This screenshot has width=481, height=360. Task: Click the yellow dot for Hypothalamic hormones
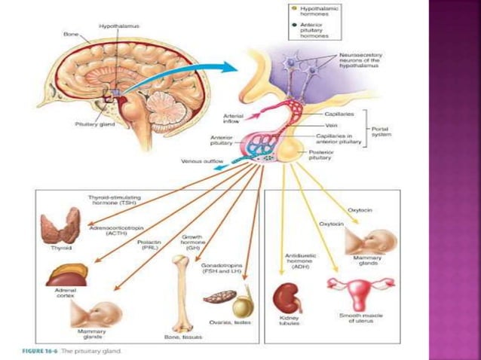293,8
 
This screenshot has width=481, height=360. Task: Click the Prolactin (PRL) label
149,245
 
